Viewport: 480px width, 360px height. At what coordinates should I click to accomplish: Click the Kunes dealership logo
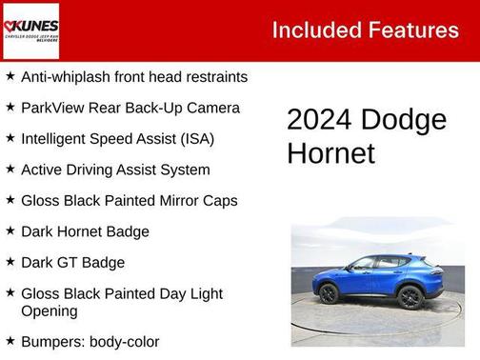[30, 30]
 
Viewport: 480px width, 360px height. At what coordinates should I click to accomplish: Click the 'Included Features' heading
[365, 30]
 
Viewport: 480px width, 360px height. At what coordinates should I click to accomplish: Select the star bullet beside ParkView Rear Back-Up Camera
[10, 108]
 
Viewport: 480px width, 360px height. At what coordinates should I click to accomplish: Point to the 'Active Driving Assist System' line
[115, 170]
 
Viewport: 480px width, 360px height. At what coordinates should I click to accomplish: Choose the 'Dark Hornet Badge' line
[85, 231]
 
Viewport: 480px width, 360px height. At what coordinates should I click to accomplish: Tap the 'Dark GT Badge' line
[72, 262]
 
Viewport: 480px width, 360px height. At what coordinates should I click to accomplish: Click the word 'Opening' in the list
[49, 310]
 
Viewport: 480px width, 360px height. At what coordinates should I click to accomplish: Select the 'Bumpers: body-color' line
[90, 341]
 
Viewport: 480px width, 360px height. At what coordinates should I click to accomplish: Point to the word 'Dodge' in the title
[403, 120]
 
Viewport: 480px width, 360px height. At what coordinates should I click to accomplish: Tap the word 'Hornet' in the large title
[330, 152]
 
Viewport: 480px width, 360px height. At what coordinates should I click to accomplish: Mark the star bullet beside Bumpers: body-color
[10, 340]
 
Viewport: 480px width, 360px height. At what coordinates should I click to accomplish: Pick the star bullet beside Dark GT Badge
[10, 262]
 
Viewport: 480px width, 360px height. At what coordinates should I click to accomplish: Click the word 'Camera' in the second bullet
[214, 108]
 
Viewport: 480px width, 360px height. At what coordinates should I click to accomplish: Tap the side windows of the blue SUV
[376, 264]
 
